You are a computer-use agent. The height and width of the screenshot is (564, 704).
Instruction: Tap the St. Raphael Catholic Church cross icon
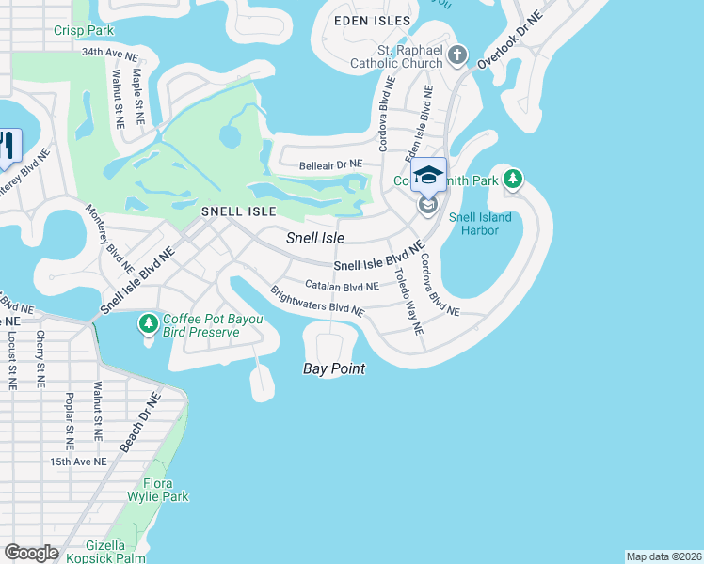pos(458,55)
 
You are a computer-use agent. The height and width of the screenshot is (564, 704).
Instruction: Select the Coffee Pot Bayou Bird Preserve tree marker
pos(148,324)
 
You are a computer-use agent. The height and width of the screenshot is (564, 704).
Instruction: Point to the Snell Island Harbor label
pos(480,224)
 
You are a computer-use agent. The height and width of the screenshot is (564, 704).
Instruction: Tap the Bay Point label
pos(333,368)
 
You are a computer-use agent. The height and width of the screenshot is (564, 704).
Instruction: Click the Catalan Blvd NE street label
pos(342,285)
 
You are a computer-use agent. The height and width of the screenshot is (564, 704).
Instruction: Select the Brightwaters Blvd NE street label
pos(316,301)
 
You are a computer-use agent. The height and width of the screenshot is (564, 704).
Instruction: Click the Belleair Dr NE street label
pos(337,165)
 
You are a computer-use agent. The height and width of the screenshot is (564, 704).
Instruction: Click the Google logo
pos(31,553)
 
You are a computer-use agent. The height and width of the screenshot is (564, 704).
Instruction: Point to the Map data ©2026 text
pos(664,556)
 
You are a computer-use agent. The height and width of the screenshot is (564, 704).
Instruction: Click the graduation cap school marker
pos(428,176)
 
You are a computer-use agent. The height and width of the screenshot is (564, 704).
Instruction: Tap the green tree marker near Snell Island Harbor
pos(513,178)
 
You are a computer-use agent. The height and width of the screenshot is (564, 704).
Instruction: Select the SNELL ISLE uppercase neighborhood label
pos(237,212)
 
